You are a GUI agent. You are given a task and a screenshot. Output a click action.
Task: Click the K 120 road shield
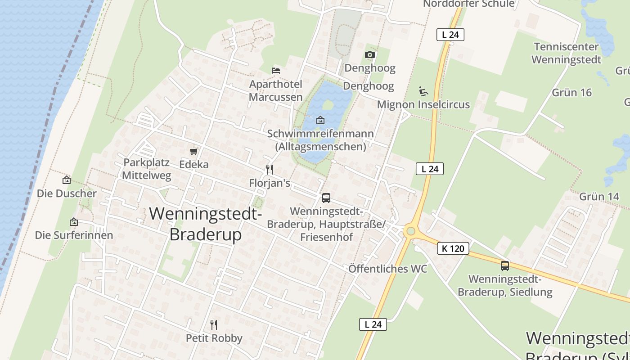click(453, 248)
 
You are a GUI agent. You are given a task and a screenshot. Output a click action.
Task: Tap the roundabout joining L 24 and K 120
click(410, 232)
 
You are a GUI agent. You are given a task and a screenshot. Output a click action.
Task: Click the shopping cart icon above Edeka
click(194, 151)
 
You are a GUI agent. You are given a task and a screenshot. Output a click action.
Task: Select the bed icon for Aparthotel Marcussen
click(276, 70)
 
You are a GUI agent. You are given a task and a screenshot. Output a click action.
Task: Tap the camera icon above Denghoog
click(370, 54)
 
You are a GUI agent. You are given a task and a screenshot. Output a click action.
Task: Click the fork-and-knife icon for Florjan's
click(270, 170)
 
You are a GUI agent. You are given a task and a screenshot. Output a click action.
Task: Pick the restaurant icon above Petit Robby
click(214, 324)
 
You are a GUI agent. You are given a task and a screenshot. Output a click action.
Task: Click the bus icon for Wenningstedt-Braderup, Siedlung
click(505, 265)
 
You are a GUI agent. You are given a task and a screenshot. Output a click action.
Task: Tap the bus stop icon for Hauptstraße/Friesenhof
click(326, 198)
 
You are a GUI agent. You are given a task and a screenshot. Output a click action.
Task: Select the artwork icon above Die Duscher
click(67, 180)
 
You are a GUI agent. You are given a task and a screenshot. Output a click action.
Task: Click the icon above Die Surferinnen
click(74, 222)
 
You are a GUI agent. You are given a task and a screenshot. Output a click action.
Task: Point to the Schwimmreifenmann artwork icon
click(320, 120)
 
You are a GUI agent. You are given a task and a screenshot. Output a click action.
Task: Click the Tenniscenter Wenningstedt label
click(566, 53)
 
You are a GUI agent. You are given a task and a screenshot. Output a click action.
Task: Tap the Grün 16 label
click(571, 92)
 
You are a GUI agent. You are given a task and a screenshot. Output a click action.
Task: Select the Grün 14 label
click(599, 196)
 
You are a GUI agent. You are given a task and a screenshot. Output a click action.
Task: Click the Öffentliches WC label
click(388, 269)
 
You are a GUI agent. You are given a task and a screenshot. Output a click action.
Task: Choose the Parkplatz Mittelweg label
click(147, 169)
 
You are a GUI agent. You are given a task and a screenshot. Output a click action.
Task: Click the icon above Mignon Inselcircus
click(423, 91)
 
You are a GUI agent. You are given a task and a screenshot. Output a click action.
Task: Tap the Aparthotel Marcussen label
click(275, 90)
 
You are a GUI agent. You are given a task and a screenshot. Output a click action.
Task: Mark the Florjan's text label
click(270, 183)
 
